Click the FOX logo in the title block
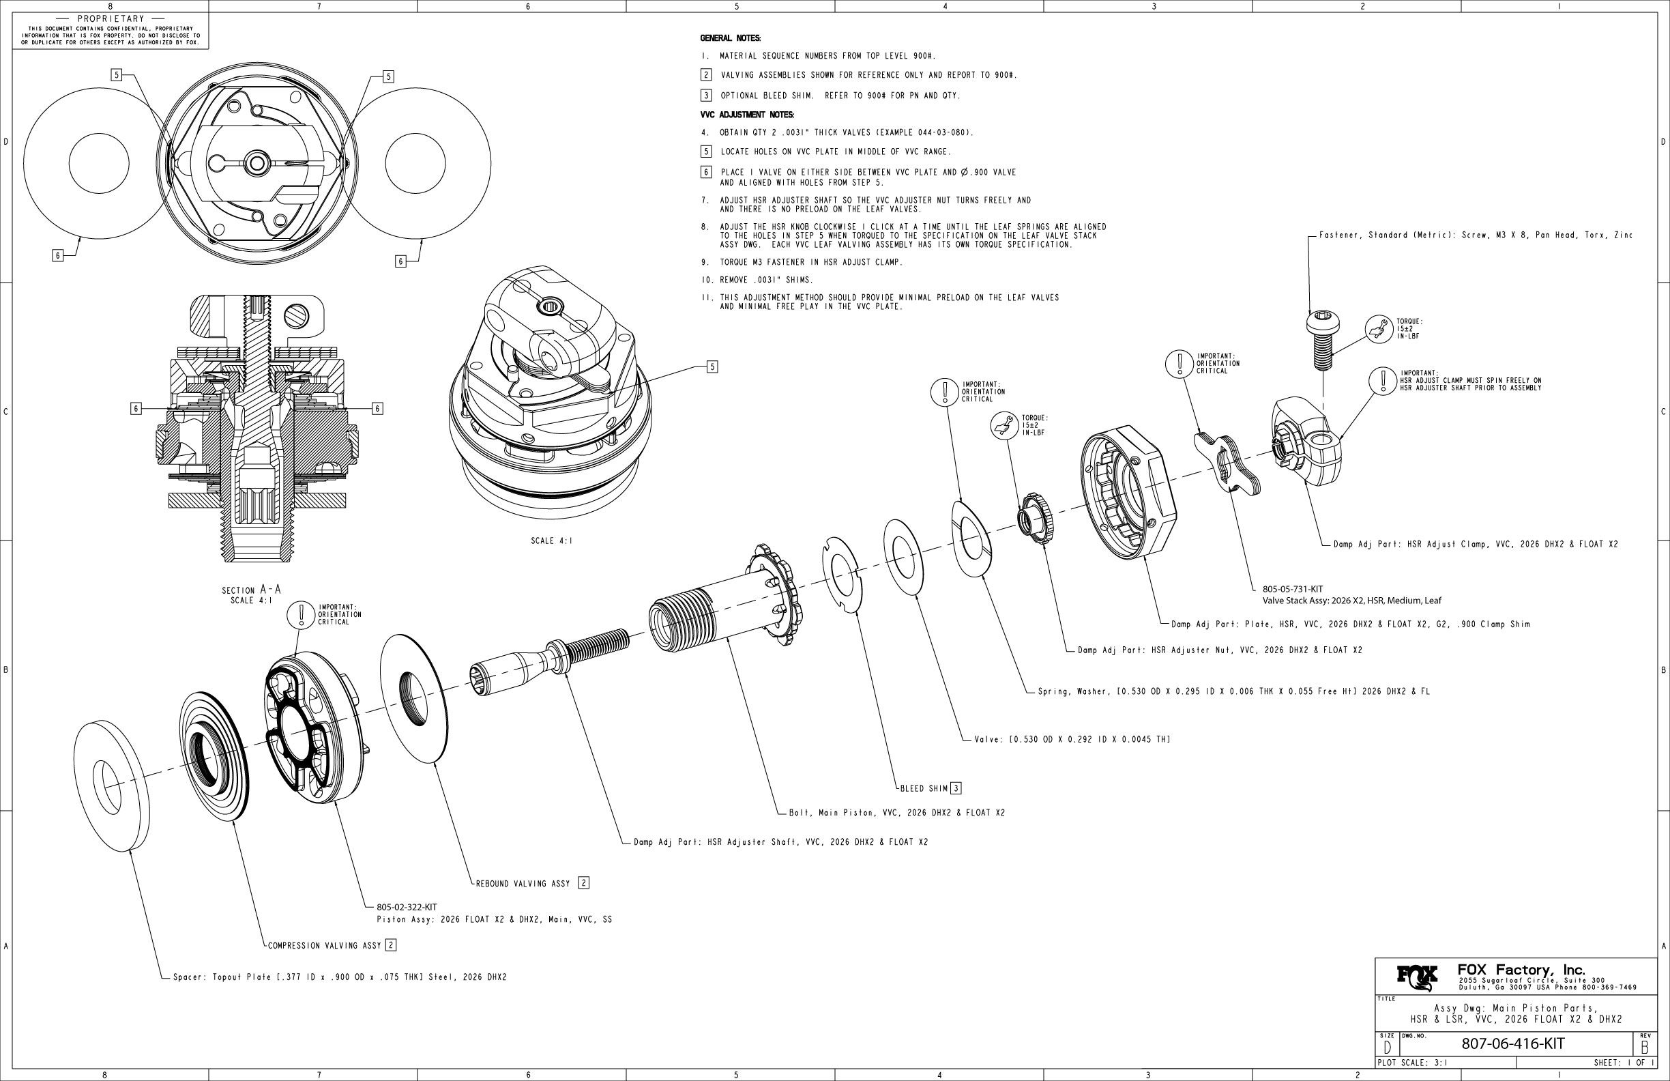pos(1416,976)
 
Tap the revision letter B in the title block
pos(1645,1047)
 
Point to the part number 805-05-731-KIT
pos(1292,589)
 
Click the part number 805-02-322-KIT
pos(407,907)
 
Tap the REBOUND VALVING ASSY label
pos(523,883)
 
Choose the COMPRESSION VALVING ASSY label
pos(324,945)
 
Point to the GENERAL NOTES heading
pos(731,38)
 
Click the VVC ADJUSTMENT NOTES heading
pos(746,115)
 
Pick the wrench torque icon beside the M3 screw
pos(1379,328)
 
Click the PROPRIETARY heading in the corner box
pos(111,18)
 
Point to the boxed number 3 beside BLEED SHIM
pos(956,788)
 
